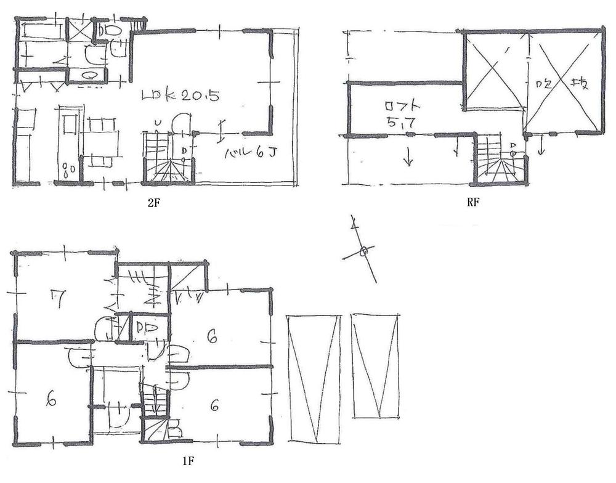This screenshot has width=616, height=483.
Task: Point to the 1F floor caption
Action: tap(189, 460)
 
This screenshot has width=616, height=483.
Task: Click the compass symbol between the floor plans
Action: tap(363, 250)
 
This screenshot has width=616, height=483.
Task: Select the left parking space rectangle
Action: tap(314, 378)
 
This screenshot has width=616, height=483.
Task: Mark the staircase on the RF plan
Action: tap(499, 161)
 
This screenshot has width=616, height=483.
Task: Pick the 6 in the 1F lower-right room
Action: tap(214, 405)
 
